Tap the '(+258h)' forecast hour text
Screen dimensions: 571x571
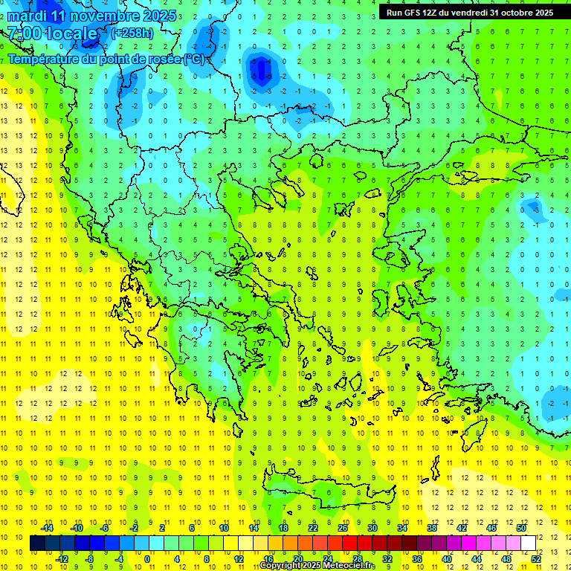point(133,33)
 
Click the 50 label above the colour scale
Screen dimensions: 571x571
point(521,528)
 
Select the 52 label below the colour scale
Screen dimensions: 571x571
point(536,558)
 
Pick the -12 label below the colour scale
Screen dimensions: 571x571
point(62,558)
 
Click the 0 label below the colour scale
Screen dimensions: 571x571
point(147,558)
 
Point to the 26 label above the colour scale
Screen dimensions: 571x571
point(343,528)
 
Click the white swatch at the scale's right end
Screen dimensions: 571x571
point(528,543)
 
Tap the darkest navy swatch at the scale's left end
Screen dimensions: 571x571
point(37,543)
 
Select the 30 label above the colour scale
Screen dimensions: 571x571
point(372,528)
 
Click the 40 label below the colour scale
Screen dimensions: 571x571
point(446,558)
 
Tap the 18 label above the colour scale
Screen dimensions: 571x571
point(283,528)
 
